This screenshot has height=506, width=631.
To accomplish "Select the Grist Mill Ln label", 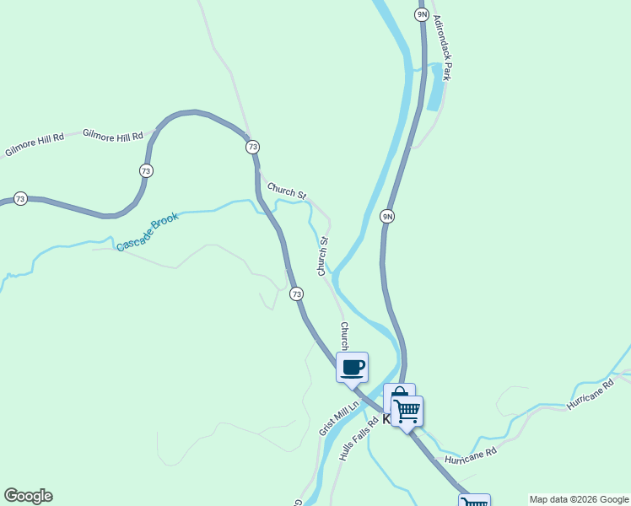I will pyautogui.click(x=339, y=417).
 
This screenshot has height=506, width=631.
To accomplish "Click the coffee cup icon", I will pyautogui.click(x=353, y=368).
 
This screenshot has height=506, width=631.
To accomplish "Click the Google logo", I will pyautogui.click(x=28, y=496).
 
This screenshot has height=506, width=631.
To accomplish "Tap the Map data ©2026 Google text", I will pyautogui.click(x=579, y=499).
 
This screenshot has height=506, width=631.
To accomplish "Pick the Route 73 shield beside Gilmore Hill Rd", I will pyautogui.click(x=147, y=170).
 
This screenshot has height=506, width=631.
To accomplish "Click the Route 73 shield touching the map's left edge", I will pyautogui.click(x=20, y=199).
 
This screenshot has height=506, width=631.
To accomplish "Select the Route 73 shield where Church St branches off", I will pyautogui.click(x=252, y=147).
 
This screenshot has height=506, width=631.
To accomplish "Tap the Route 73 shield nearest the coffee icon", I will pyautogui.click(x=296, y=293).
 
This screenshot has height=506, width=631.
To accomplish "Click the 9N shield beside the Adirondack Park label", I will pyautogui.click(x=422, y=14).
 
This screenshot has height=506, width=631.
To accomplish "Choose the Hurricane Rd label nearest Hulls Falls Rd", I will pyautogui.click(x=470, y=456).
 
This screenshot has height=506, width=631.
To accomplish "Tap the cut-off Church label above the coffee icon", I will pyautogui.click(x=344, y=335).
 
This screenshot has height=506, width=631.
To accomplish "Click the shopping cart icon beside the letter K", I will pyautogui.click(x=407, y=412).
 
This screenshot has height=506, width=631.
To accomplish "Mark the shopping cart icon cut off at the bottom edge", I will pyautogui.click(x=474, y=502).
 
